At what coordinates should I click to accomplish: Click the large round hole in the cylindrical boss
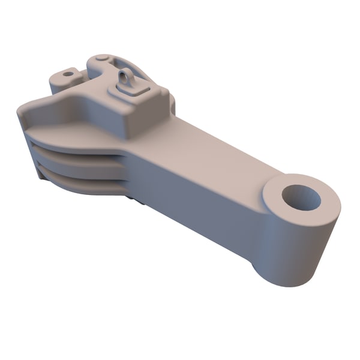302,197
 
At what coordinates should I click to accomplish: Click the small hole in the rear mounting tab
68,74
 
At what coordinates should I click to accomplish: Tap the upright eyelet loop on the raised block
126,77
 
